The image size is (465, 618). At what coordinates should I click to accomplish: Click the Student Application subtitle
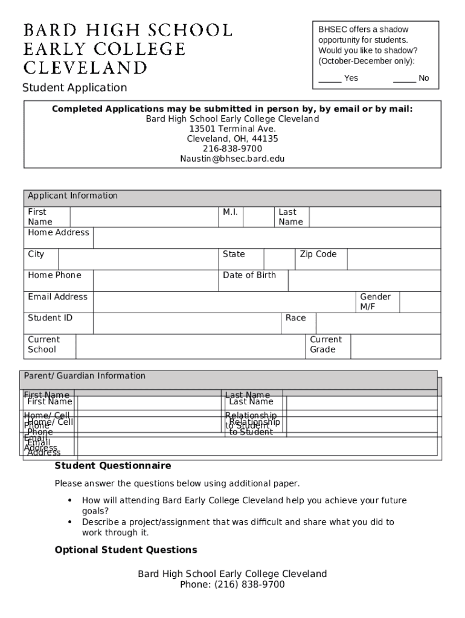(75, 88)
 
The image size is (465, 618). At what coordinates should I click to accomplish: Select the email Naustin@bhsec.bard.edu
(232, 159)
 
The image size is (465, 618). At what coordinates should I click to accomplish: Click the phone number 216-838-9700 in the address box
(232, 149)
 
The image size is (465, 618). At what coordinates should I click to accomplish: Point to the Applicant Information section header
(73, 196)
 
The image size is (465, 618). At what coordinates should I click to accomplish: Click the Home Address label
(59, 233)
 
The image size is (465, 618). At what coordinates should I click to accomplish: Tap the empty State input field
(278, 258)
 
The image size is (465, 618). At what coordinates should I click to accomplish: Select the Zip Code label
(318, 254)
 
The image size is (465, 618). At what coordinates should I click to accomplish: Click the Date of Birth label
(249, 275)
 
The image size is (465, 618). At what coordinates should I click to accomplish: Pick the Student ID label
(50, 318)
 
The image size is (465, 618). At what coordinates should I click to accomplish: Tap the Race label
(296, 318)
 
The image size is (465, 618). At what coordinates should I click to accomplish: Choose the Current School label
(43, 345)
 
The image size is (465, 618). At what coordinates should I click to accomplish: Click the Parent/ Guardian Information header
(85, 376)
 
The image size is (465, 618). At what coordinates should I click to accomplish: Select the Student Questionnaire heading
(113, 466)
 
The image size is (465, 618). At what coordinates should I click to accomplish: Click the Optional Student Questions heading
(126, 550)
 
